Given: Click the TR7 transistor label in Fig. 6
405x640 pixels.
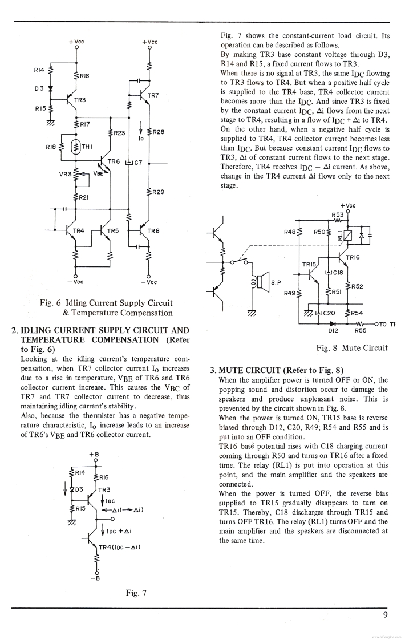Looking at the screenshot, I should (153, 95).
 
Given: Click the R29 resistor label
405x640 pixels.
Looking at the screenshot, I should (158, 192).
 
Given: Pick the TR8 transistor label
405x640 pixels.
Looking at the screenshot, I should (153, 230).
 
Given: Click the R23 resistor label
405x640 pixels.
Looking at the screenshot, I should (119, 133).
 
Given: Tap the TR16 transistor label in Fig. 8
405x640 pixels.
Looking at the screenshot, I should (353, 257).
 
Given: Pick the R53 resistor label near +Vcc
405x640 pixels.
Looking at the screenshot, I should (338, 214).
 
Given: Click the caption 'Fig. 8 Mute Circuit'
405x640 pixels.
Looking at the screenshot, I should (351, 347).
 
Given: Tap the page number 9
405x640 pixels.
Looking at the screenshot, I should (386, 614).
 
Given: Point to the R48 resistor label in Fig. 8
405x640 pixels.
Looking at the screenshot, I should (290, 232).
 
